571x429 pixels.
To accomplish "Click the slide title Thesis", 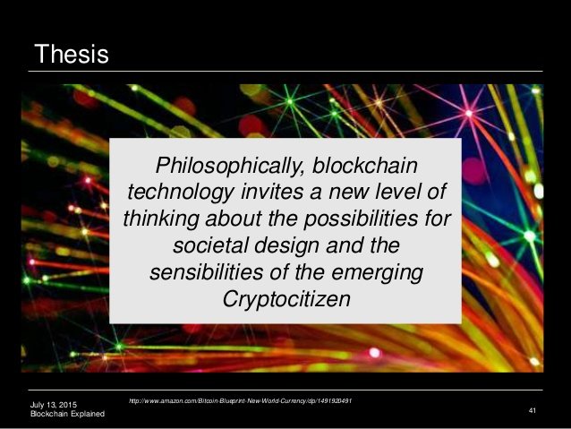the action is [x=72, y=54].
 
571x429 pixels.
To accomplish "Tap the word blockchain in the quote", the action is [x=365, y=165].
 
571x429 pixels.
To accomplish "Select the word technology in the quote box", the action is [x=181, y=193].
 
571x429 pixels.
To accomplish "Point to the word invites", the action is [x=272, y=192].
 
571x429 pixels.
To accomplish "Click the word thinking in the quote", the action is [x=161, y=219].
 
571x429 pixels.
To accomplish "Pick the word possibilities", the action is [x=361, y=219].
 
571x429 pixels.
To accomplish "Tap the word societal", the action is [x=210, y=245].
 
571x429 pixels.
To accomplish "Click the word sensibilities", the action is [x=206, y=272].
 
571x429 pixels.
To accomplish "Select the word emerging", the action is [x=377, y=273].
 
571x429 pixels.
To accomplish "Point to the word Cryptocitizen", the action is [x=286, y=300].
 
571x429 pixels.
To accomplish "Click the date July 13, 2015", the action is [x=54, y=405].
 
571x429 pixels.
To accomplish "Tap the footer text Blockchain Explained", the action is [x=67, y=414].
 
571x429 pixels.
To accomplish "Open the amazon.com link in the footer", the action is [x=241, y=401].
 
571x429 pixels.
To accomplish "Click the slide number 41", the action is [x=533, y=411].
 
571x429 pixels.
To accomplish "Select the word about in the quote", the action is [x=233, y=219].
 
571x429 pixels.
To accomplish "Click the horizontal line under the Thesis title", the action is [x=285, y=71].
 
